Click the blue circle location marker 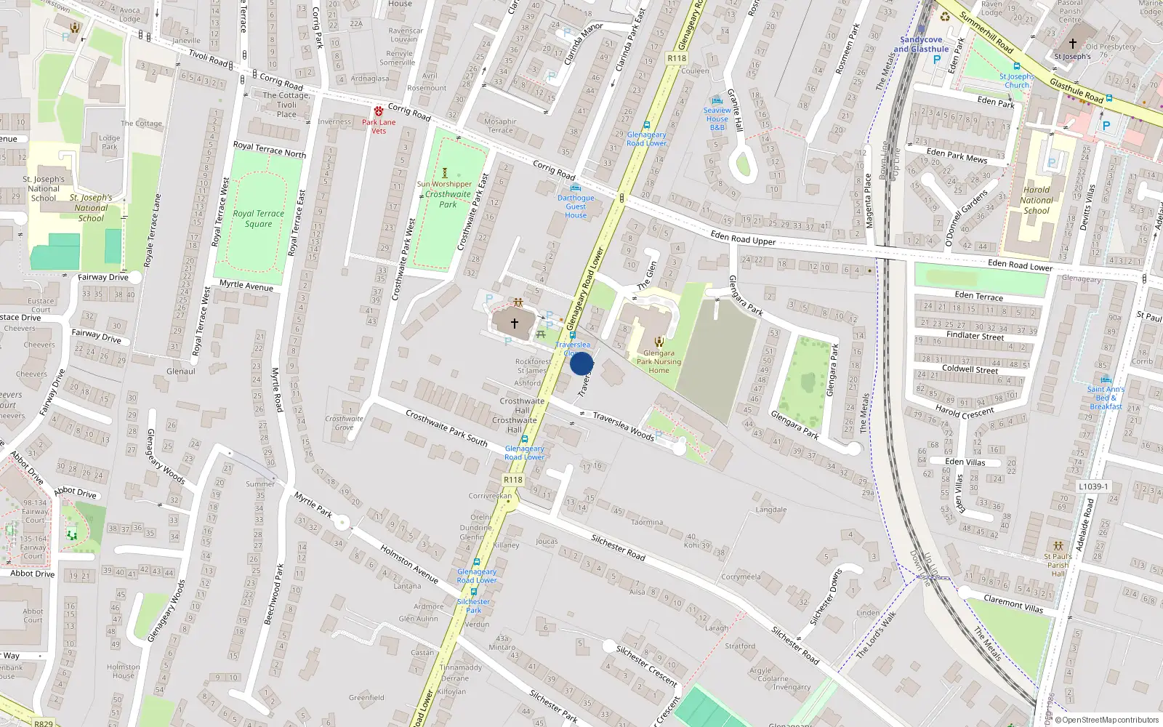pyautogui.click(x=581, y=363)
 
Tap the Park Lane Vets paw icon pyautogui.click(x=379, y=111)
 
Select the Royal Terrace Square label pyautogui.click(x=258, y=219)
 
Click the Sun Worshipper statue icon pyautogui.click(x=445, y=174)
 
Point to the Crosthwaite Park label pyautogui.click(x=448, y=199)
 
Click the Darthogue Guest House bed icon pyautogui.click(x=576, y=188)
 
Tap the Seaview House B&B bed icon pyautogui.click(x=717, y=100)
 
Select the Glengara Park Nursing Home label pyautogui.click(x=659, y=361)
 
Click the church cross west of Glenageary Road pyautogui.click(x=515, y=323)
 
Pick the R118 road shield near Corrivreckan pyautogui.click(x=513, y=480)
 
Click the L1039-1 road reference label pyautogui.click(x=1093, y=486)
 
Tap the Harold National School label pyautogui.click(x=1037, y=200)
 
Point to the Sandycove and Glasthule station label pyautogui.click(x=921, y=44)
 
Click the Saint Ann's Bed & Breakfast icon pyautogui.click(x=1106, y=379)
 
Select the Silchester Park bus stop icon pyautogui.click(x=474, y=592)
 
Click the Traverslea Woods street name pyautogui.click(x=623, y=426)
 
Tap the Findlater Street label pyautogui.click(x=975, y=336)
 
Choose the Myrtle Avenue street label pyautogui.click(x=246, y=286)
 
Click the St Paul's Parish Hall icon pyautogui.click(x=1058, y=545)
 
